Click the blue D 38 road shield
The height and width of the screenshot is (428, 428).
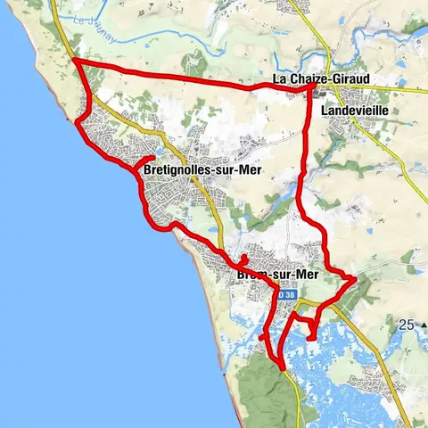(284, 293)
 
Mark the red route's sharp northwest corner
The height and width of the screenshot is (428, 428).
(73, 61)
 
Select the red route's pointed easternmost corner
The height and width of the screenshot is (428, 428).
(355, 279)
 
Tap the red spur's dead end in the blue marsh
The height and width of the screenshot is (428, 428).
(309, 338)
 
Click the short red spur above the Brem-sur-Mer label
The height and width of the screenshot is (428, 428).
(243, 258)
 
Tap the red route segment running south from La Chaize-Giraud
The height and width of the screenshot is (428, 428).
(305, 152)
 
